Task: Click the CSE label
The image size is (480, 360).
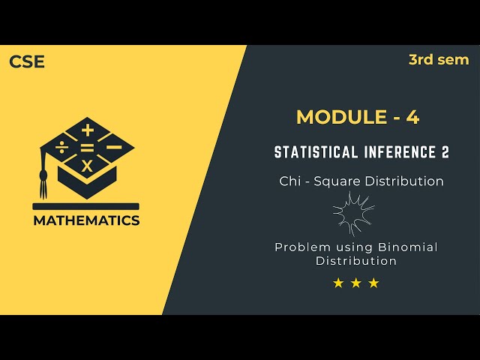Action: coord(27,62)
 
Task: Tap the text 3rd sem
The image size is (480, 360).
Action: coord(439,60)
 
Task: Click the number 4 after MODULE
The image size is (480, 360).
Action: coord(412,117)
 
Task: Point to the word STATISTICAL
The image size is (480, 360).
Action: coord(311,152)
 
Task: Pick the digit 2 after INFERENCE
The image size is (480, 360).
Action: coord(445,152)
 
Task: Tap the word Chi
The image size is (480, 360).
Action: coord(290,181)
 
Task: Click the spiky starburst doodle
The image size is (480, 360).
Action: coord(353,213)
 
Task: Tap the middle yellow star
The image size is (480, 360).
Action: coord(356,283)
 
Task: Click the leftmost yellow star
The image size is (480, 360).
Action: coord(338,283)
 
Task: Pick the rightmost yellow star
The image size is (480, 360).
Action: coord(374,283)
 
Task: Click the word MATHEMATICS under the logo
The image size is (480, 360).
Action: coord(85,220)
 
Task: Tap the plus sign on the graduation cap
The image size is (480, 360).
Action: coord(88,130)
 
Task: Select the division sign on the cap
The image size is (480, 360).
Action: coord(62,148)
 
